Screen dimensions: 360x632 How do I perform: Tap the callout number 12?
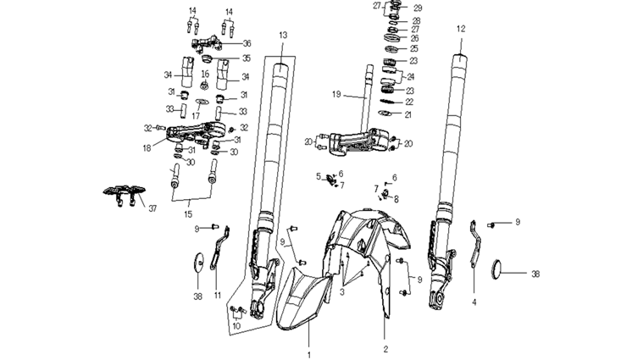(461, 28)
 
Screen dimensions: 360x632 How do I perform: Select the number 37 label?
(153, 208)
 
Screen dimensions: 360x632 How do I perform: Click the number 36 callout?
(247, 43)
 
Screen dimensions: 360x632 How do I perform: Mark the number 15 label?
(189, 213)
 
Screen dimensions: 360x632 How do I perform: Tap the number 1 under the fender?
(309, 355)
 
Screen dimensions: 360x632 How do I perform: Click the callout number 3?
(341, 291)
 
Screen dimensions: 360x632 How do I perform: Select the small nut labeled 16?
(205, 86)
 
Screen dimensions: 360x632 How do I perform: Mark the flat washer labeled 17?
(200, 101)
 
